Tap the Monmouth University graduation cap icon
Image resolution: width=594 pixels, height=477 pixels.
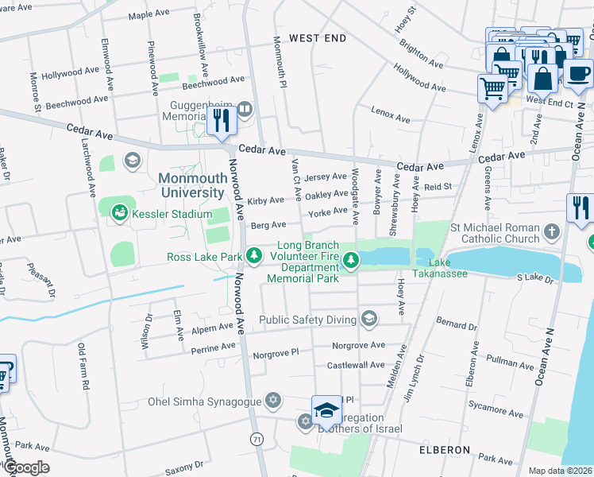[x=131, y=161]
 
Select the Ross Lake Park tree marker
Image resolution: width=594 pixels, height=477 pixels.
[x=253, y=256]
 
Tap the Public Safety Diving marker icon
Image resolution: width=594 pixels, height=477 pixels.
[x=368, y=320]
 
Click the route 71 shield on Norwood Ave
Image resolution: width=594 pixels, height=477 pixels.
[x=256, y=439]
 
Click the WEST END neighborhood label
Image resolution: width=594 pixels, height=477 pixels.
[x=318, y=38]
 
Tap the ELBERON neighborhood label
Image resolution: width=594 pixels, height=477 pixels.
[x=445, y=449]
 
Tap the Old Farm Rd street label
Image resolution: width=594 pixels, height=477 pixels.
[x=82, y=366]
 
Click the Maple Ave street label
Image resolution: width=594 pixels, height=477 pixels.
[x=151, y=15]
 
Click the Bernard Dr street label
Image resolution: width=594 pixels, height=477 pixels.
[x=456, y=324]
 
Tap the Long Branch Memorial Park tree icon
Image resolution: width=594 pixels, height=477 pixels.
[x=350, y=257]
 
